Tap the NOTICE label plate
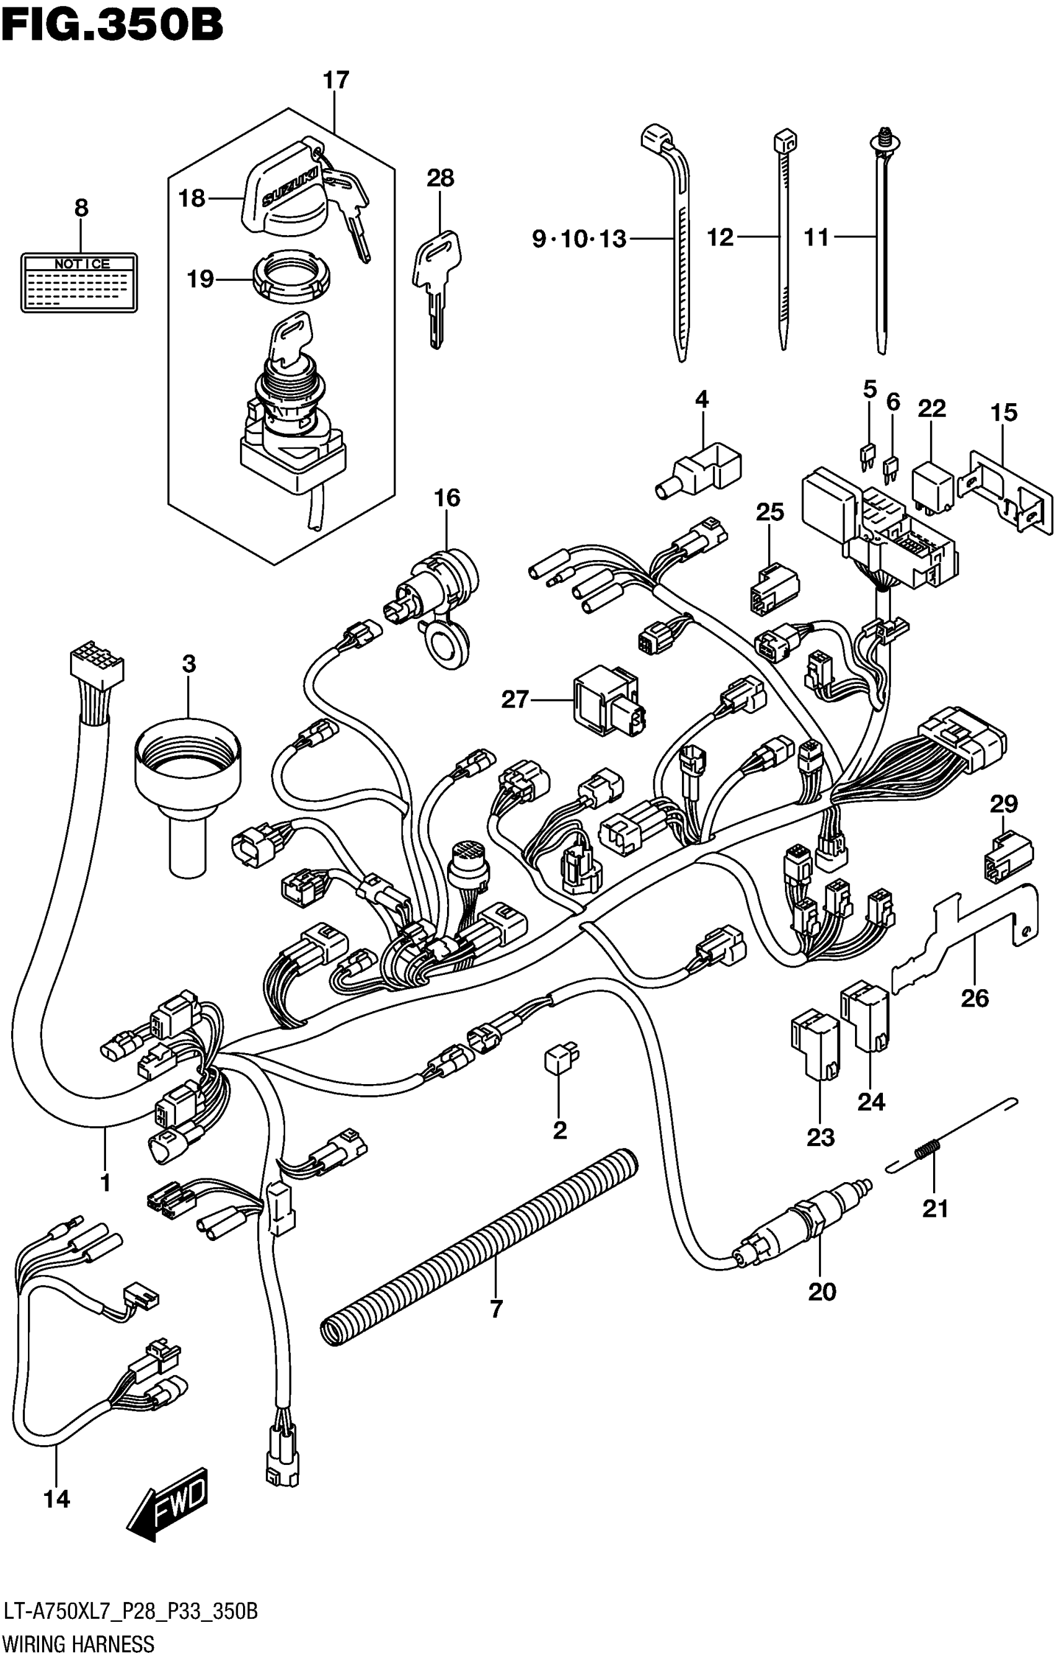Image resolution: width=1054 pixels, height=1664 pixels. coord(79,282)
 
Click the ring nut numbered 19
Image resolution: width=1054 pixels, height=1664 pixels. coord(293,277)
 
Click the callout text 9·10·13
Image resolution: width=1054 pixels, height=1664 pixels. coord(579,239)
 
